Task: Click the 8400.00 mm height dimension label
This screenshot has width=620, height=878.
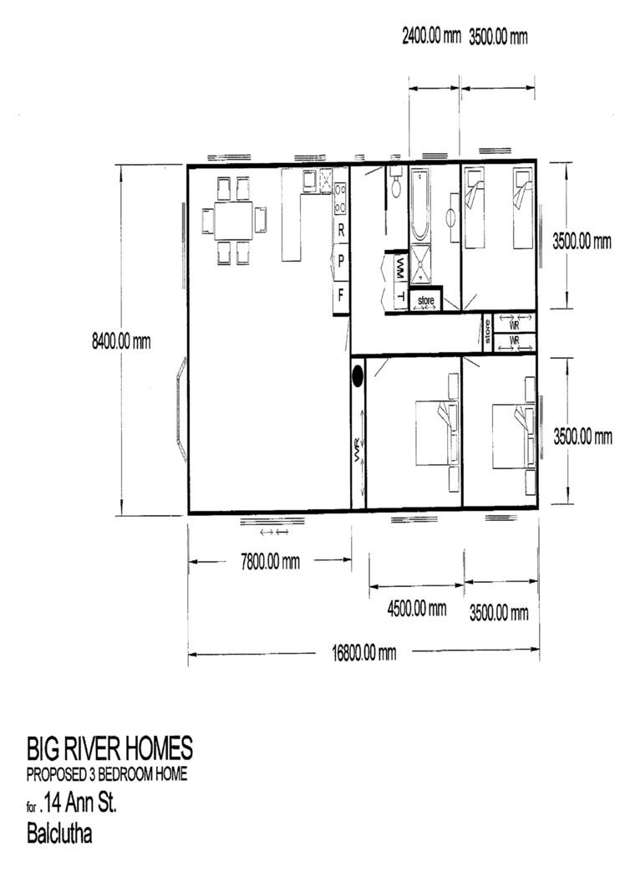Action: (121, 340)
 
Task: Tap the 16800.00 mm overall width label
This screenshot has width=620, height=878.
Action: (363, 652)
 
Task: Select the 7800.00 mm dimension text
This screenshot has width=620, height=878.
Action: (270, 561)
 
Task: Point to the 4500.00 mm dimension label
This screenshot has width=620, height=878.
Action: (417, 608)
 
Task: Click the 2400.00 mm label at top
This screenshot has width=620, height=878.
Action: (431, 37)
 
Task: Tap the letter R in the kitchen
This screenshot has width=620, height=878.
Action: (341, 231)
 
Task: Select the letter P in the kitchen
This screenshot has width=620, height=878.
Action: (341, 261)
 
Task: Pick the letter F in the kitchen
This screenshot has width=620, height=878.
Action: (341, 294)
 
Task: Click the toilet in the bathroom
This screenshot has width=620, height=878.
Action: (396, 182)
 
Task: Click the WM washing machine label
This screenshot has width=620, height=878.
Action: (400, 263)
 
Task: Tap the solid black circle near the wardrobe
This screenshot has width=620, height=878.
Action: (358, 375)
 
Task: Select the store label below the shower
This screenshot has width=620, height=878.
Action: (426, 301)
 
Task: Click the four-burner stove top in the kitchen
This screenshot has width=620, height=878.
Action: (339, 199)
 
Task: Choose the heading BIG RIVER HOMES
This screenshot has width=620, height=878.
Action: (109, 748)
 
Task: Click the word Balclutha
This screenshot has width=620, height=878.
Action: (59, 834)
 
